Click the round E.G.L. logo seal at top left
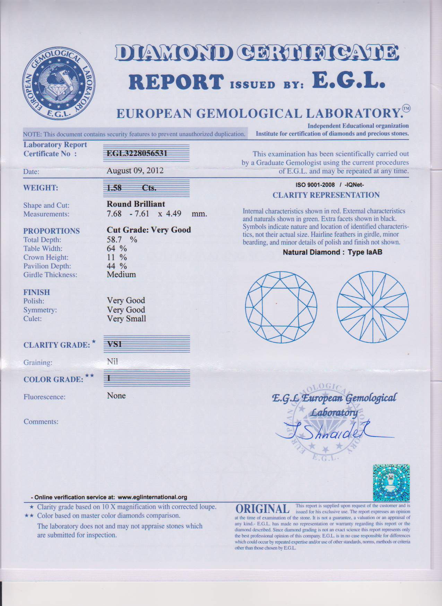pyautogui.click(x=59, y=83)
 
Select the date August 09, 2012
pyautogui.click(x=135, y=171)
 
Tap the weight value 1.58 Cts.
pyautogui.click(x=131, y=188)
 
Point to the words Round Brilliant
pyautogui.click(x=136, y=204)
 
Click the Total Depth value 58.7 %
pyautogui.click(x=122, y=240)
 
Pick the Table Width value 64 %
pyautogui.click(x=117, y=249)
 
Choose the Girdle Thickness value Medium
pyautogui.click(x=121, y=275)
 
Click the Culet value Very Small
pyautogui.click(x=127, y=319)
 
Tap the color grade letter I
pyautogui.click(x=109, y=378)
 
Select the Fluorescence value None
pyautogui.click(x=116, y=396)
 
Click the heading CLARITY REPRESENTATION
pyautogui.click(x=326, y=195)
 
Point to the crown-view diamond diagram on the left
pyautogui.click(x=281, y=306)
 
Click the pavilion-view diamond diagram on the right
pyautogui.click(x=373, y=307)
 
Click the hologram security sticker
pyautogui.click(x=391, y=483)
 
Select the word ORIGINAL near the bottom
pyautogui.click(x=262, y=509)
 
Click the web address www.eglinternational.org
pyautogui.click(x=153, y=497)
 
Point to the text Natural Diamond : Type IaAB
pyautogui.click(x=332, y=252)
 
